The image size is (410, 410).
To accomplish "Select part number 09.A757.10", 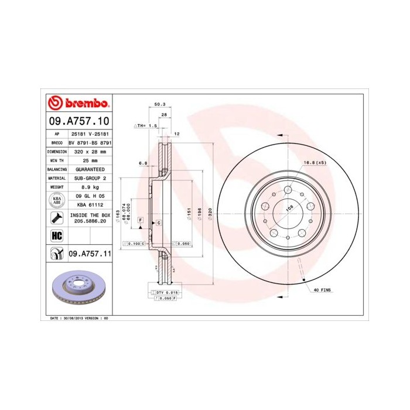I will (78, 122).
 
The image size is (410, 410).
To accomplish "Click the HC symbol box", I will (57, 235).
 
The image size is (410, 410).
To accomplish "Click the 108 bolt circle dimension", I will (289, 207).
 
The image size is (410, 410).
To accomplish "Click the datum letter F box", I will (141, 219).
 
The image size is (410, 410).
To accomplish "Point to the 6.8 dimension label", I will (142, 162).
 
